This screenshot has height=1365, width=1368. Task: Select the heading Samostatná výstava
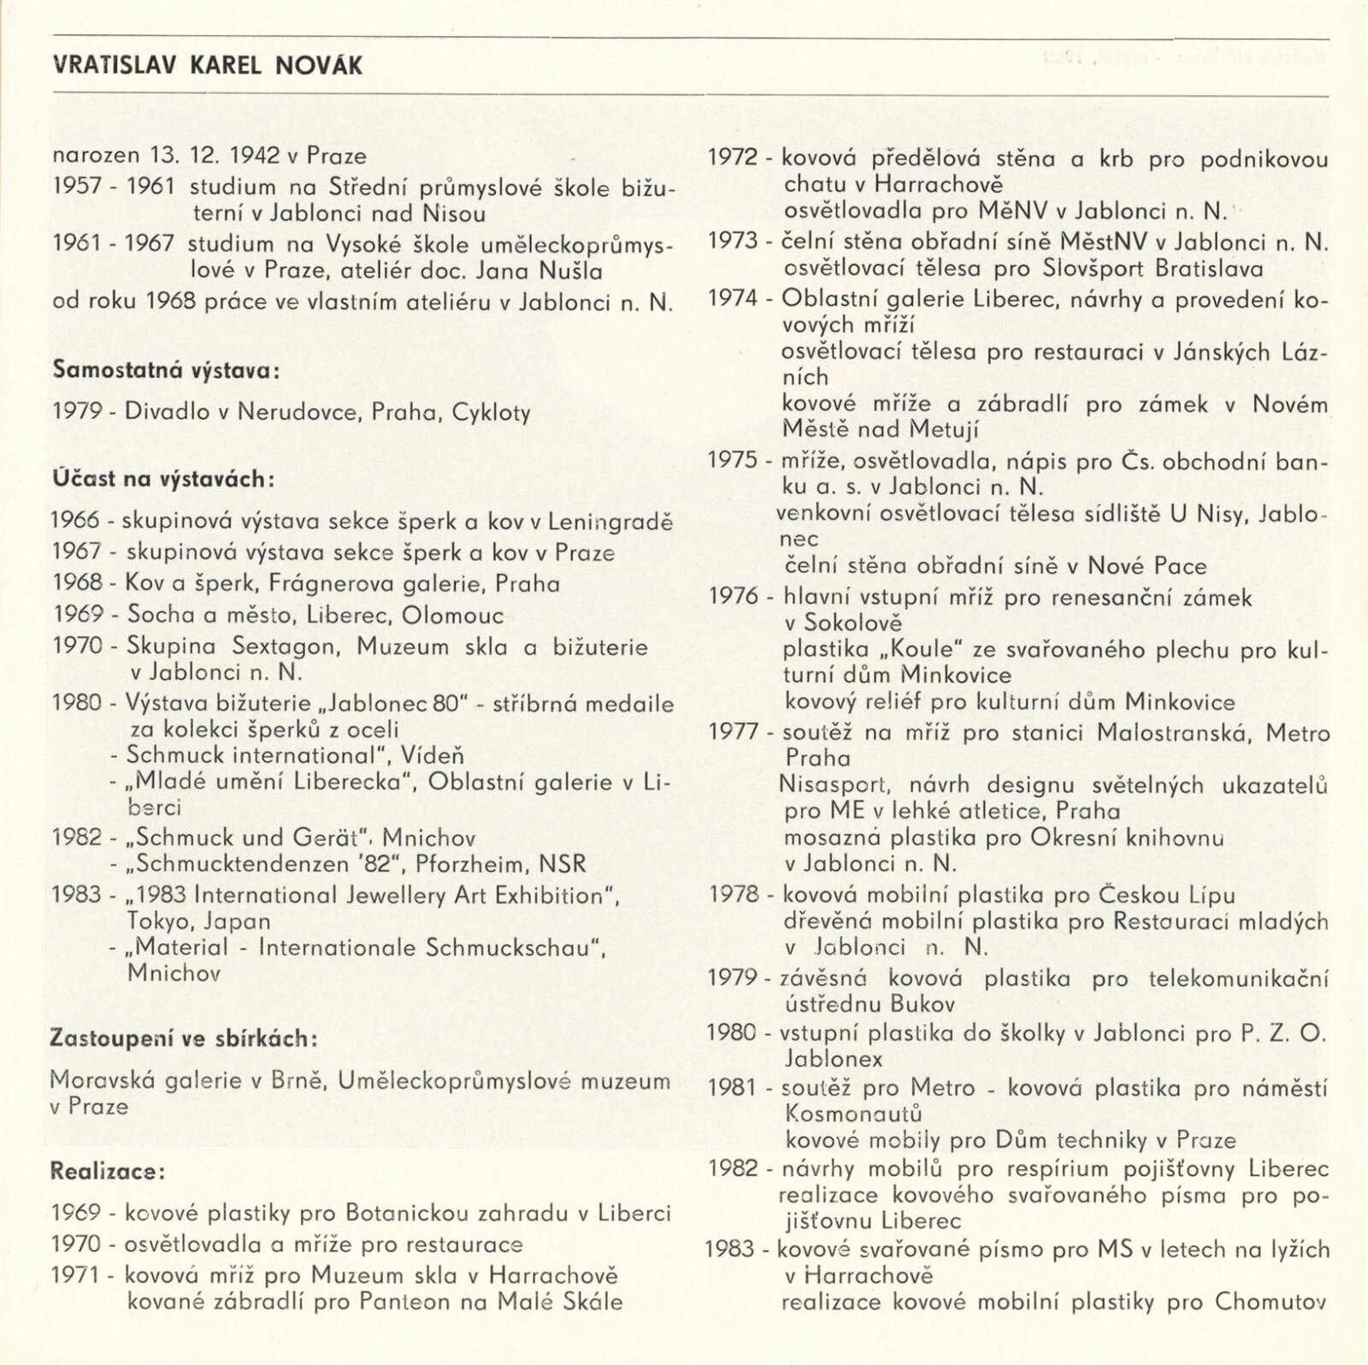coord(166,371)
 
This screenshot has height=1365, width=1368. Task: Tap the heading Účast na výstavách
coord(162,479)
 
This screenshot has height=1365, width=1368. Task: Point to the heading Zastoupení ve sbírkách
coord(183,1038)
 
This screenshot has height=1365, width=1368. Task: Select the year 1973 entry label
coord(733,242)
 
